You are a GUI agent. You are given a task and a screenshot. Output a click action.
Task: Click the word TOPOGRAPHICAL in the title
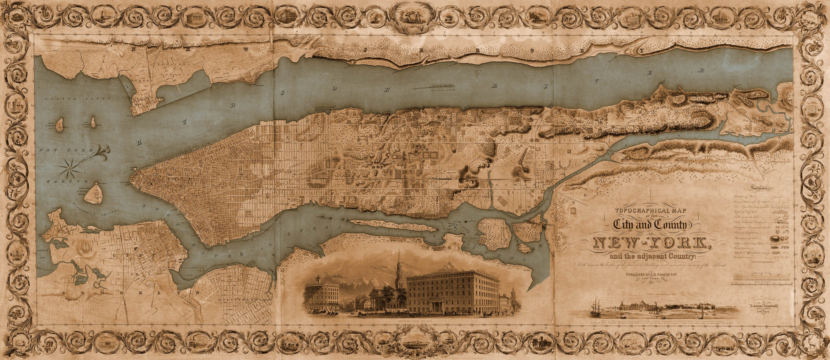coord(647,210)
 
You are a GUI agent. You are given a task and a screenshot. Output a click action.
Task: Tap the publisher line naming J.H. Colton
coord(648,275)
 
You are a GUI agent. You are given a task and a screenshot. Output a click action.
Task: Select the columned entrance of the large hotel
coord(435,305)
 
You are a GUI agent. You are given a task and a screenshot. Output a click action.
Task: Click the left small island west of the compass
coord(60,125)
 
